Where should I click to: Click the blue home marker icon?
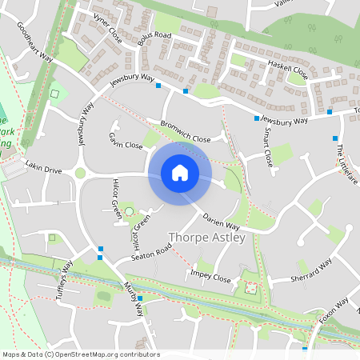pyautogui.click(x=180, y=173)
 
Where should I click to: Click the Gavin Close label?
pyautogui.click(x=126, y=141)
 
